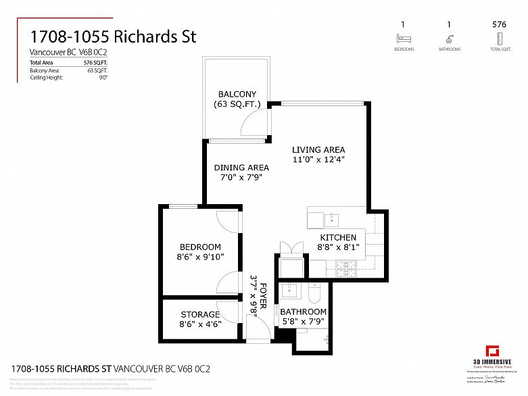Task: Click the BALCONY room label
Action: click(x=235, y=94)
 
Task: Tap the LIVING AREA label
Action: click(x=318, y=149)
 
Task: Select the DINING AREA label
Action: click(x=241, y=168)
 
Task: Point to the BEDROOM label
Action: click(x=200, y=247)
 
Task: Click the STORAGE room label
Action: click(x=200, y=314)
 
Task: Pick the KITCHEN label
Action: click(x=337, y=237)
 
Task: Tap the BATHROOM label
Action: click(x=303, y=312)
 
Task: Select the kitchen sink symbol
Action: click(x=331, y=218)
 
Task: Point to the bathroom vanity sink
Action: click(x=290, y=291)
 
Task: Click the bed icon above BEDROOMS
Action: click(x=405, y=39)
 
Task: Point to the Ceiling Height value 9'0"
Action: click(x=103, y=78)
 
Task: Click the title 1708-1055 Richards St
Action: click(x=113, y=36)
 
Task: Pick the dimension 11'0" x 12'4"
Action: click(x=318, y=160)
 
